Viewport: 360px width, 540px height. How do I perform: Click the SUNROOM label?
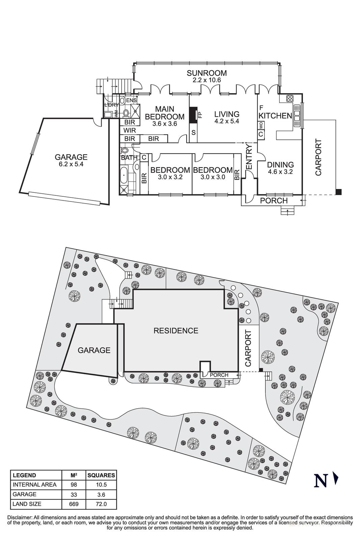click(207, 73)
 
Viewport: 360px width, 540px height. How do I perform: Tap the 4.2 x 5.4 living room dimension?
click(226, 121)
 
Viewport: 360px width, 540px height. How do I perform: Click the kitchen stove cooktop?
click(289, 99)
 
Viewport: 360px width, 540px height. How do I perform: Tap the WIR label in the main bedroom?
click(130, 130)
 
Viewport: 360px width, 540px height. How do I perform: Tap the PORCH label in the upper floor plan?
click(274, 200)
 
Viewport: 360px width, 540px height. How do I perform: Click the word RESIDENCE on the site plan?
click(176, 330)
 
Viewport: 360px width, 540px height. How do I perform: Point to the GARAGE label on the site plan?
click(94, 350)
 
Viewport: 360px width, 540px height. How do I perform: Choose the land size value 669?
click(74, 504)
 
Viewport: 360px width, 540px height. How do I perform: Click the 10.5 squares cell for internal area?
click(101, 485)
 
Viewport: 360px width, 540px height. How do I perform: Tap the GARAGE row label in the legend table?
click(25, 494)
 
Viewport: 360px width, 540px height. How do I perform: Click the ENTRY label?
click(249, 156)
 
